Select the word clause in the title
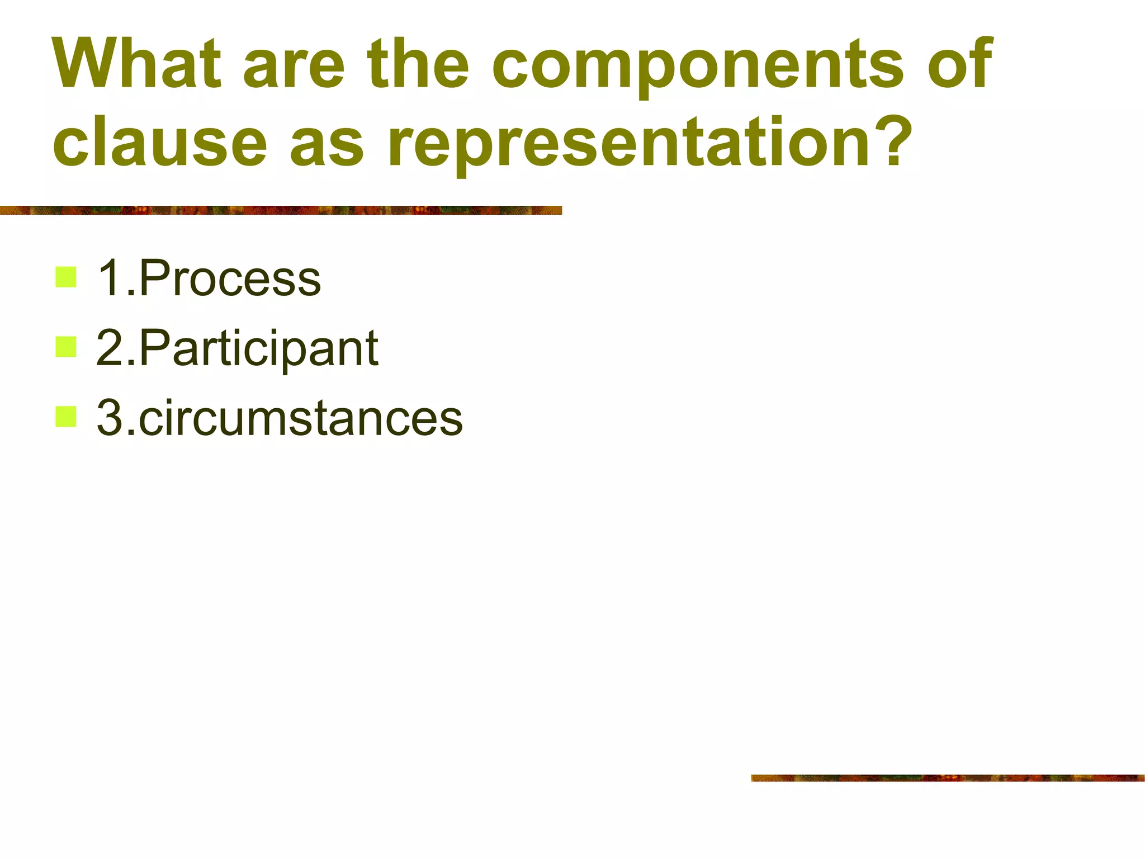click(160, 142)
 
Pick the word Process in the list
click(230, 278)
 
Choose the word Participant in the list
click(259, 348)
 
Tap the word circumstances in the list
click(301, 418)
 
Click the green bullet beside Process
click(66, 277)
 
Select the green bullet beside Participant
click(66, 347)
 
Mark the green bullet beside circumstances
click(66, 417)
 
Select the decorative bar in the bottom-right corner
click(947, 778)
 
